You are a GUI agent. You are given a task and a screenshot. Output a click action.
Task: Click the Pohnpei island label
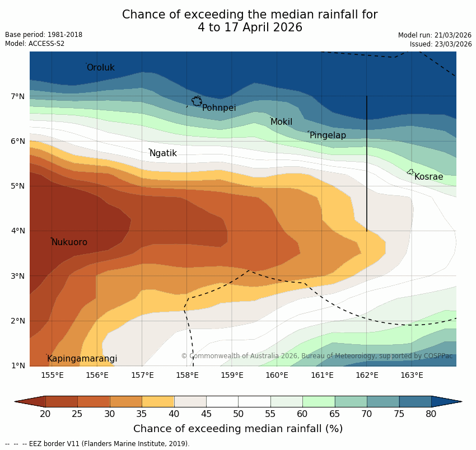pyautogui.click(x=219, y=108)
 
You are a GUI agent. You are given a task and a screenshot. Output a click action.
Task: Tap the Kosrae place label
pyautogui.click(x=428, y=177)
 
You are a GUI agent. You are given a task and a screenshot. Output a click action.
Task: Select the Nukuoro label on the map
pyautogui.click(x=69, y=242)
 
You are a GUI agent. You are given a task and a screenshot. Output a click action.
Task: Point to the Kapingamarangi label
pyautogui.click(x=82, y=359)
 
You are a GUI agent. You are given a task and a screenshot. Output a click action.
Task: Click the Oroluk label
pyautogui.click(x=101, y=68)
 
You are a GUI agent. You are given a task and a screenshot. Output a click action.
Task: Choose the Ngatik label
pyautogui.click(x=164, y=153)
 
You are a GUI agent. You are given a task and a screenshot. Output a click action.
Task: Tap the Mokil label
pyautogui.click(x=281, y=122)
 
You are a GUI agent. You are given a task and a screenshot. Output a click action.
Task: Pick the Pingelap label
pyautogui.click(x=328, y=135)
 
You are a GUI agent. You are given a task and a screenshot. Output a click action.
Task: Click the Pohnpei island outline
pyautogui.click(x=197, y=101)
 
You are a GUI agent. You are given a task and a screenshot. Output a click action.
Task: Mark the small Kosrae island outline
pyautogui.click(x=410, y=172)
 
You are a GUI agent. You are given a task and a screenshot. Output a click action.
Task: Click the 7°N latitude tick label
pyautogui.click(x=17, y=96)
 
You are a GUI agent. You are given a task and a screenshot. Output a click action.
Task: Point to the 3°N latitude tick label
pyautogui.click(x=17, y=276)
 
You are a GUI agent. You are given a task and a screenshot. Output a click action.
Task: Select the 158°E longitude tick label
pyautogui.click(x=187, y=375)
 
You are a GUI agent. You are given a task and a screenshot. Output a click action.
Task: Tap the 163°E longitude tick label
pyautogui.click(x=412, y=375)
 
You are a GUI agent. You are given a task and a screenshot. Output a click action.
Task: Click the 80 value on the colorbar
pyautogui.click(x=431, y=414)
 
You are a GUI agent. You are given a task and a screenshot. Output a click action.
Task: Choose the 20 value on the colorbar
pyautogui.click(x=45, y=414)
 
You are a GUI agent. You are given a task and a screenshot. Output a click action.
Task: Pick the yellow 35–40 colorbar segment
pyautogui.click(x=158, y=401)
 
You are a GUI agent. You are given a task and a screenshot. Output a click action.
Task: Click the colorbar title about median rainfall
pyautogui.click(x=238, y=429)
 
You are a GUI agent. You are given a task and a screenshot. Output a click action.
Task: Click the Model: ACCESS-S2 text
pyautogui.click(x=35, y=44)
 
